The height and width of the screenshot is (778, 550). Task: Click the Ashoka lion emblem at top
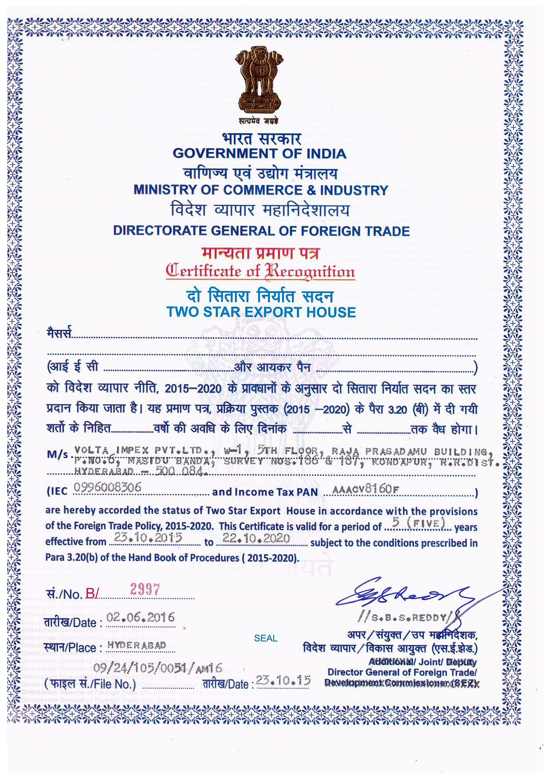click(x=259, y=80)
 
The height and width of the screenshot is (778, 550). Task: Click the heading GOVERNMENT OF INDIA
click(x=259, y=154)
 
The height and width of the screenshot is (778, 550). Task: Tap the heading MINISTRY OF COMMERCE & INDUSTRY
click(x=261, y=190)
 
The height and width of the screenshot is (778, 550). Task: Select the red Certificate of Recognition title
click(x=260, y=271)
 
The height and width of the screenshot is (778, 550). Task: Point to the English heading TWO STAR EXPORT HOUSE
click(x=261, y=312)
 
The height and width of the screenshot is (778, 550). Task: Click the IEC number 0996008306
click(x=107, y=488)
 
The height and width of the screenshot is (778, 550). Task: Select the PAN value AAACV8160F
click(x=365, y=489)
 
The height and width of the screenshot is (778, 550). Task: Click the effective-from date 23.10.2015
click(x=148, y=538)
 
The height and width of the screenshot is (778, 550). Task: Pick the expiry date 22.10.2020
click(x=256, y=539)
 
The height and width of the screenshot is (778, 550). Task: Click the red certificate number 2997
click(x=145, y=590)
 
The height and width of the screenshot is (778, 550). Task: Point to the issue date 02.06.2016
click(x=141, y=618)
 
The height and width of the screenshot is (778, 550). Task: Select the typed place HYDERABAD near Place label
click(x=137, y=645)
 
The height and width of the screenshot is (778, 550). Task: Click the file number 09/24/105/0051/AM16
click(x=157, y=668)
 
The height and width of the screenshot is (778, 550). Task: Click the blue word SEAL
click(x=266, y=638)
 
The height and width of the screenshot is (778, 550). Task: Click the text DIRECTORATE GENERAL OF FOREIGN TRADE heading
click(x=261, y=231)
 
